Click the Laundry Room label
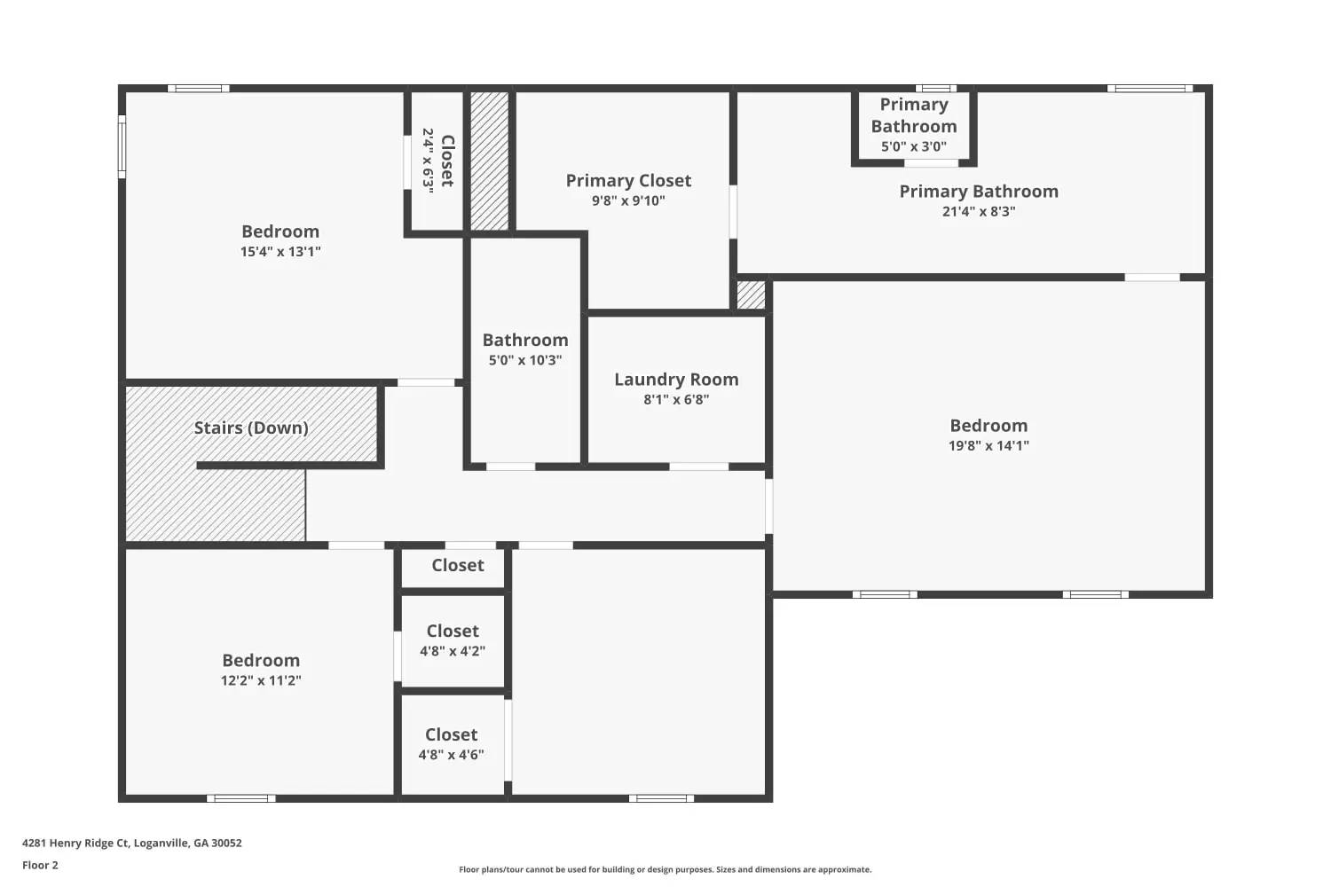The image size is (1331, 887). [x=676, y=380]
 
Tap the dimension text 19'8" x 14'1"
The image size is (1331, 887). [x=988, y=446]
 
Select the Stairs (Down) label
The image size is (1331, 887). [x=251, y=428]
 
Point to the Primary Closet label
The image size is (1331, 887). [x=628, y=181]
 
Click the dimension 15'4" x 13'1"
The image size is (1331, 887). [x=280, y=252]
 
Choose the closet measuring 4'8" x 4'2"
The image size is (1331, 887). [x=453, y=640]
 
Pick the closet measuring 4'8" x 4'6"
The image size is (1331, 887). [x=452, y=744]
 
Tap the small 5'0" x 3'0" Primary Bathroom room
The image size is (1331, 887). [x=914, y=126]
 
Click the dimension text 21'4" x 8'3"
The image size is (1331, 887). [x=979, y=212]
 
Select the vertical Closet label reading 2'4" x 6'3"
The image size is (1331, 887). [x=437, y=161]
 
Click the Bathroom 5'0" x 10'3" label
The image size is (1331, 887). [x=525, y=349]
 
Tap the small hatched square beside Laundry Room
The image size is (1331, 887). [x=751, y=295]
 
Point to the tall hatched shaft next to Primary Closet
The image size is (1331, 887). [x=489, y=161]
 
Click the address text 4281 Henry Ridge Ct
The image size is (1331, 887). [x=132, y=844]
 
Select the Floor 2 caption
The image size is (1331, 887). [x=40, y=866]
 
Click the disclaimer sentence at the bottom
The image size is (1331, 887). [x=665, y=870]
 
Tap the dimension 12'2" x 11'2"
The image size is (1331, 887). [x=261, y=681]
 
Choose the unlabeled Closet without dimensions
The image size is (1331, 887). [x=457, y=566]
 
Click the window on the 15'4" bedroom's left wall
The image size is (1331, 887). [x=122, y=145]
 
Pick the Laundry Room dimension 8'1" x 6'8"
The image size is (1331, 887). [x=676, y=400]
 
